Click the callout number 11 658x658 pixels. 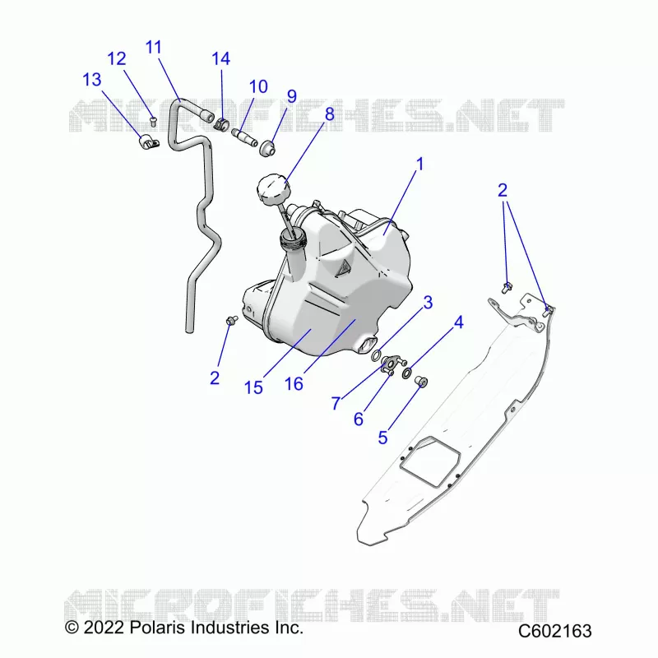click(154, 47)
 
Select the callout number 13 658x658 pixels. click(92, 79)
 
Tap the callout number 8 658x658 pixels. click(330, 114)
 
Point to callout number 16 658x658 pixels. click(294, 383)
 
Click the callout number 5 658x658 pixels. click(382, 438)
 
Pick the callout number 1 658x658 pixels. click(419, 164)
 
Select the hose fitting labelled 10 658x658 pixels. click(244, 137)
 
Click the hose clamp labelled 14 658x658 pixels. click(221, 123)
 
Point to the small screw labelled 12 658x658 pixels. click(153, 121)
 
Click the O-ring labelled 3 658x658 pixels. click(377, 356)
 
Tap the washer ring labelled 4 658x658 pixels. click(407, 373)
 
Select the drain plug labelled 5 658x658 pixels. click(421, 382)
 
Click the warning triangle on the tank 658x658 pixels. click(343, 268)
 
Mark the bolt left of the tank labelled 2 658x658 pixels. click(232, 321)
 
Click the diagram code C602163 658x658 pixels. click(554, 631)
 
